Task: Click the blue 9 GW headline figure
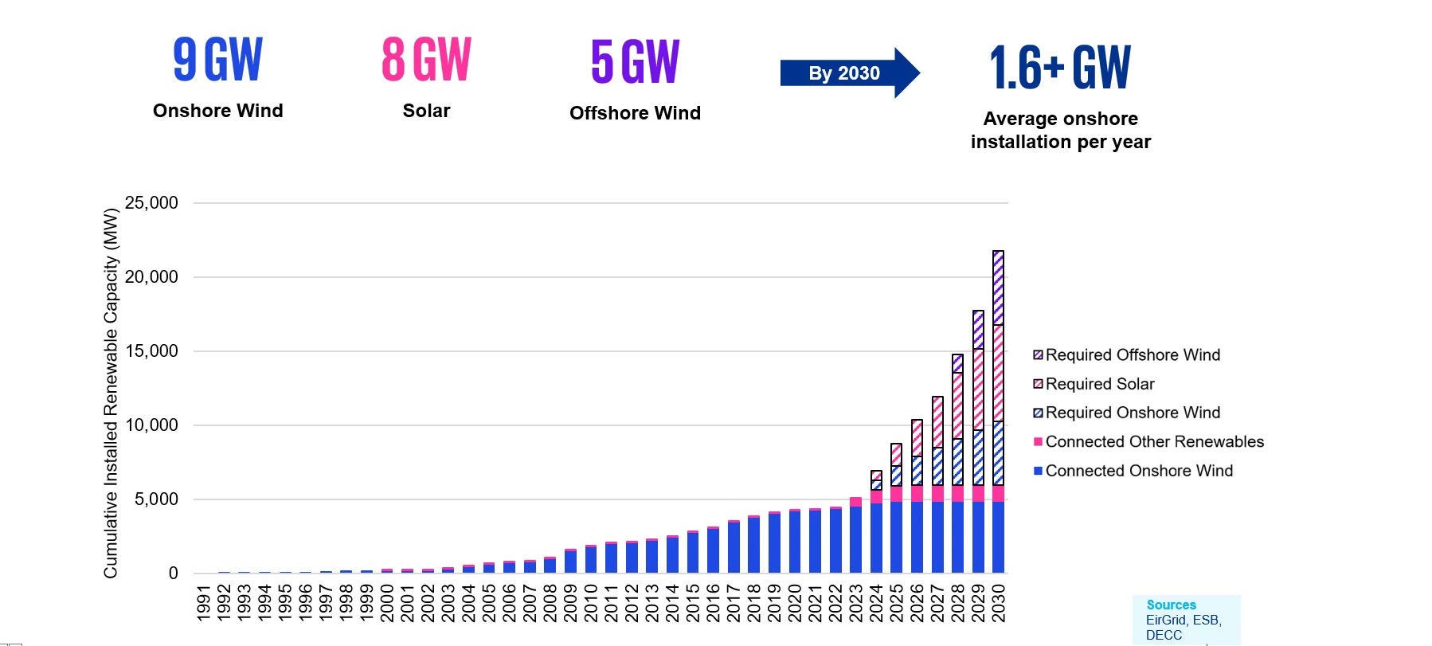click(x=217, y=61)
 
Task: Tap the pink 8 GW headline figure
click(x=426, y=61)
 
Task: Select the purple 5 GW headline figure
click(x=635, y=61)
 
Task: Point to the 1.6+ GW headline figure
click(x=1059, y=68)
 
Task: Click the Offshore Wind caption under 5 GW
click(x=635, y=113)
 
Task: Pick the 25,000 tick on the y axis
click(x=151, y=203)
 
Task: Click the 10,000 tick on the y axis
click(x=151, y=425)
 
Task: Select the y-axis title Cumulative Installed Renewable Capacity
click(x=111, y=393)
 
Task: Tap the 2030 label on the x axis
click(x=999, y=603)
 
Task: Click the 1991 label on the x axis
click(x=204, y=603)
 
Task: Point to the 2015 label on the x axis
click(x=693, y=603)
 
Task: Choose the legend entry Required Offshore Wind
click(x=1132, y=355)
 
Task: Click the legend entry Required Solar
click(x=1099, y=384)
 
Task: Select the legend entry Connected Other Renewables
click(x=1154, y=442)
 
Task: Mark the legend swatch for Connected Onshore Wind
click(x=1038, y=471)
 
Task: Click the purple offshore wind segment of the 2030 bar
click(x=998, y=288)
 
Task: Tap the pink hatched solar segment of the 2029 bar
click(x=978, y=389)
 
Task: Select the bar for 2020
click(x=794, y=542)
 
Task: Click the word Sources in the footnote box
click(x=1171, y=605)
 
